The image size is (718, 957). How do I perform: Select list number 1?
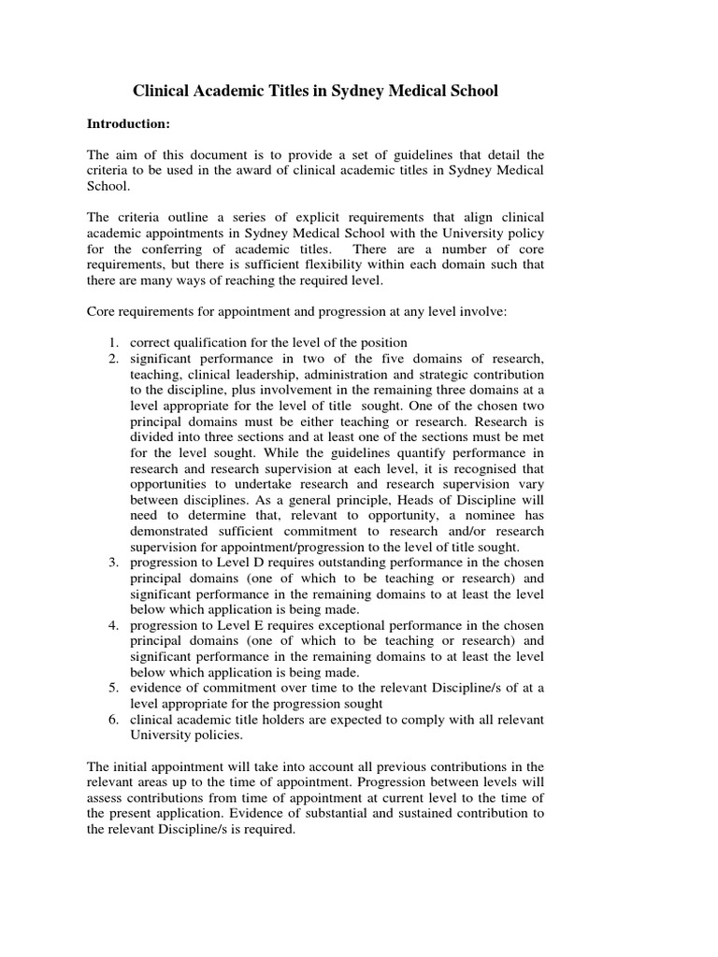(x=112, y=342)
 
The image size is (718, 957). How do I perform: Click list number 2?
(x=112, y=359)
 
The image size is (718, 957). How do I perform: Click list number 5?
(x=112, y=688)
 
